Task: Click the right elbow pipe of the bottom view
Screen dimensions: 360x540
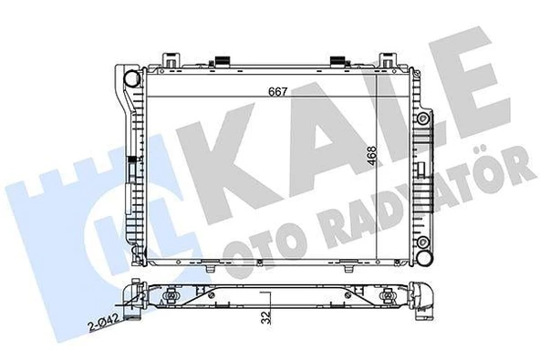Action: click(424, 298)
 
